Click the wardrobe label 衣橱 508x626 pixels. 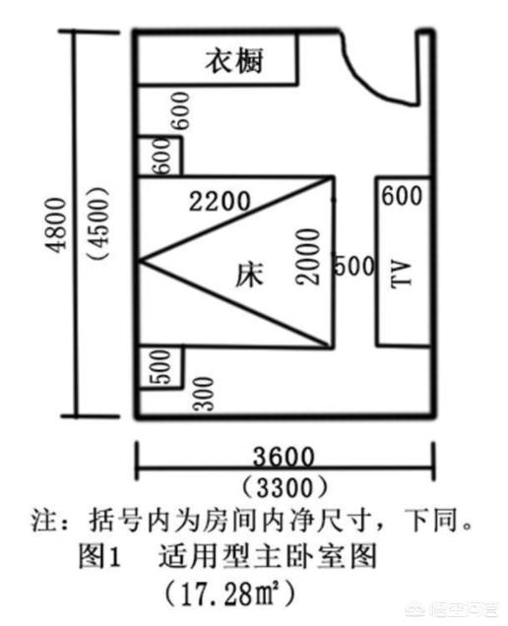tap(234, 61)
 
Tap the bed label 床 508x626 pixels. tap(249, 275)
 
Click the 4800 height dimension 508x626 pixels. tap(56, 224)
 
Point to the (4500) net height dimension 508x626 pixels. tap(98, 223)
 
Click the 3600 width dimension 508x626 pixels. tap(284, 457)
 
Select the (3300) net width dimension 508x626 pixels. tap(284, 488)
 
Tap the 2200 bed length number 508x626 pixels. tap(220, 201)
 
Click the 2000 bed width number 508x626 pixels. tap(308, 256)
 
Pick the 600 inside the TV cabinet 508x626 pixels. tap(402, 196)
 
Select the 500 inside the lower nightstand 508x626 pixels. tap(161, 367)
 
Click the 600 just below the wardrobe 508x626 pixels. tap(180, 110)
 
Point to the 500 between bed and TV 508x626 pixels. tap(354, 266)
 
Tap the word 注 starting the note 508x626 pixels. tap(44, 521)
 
